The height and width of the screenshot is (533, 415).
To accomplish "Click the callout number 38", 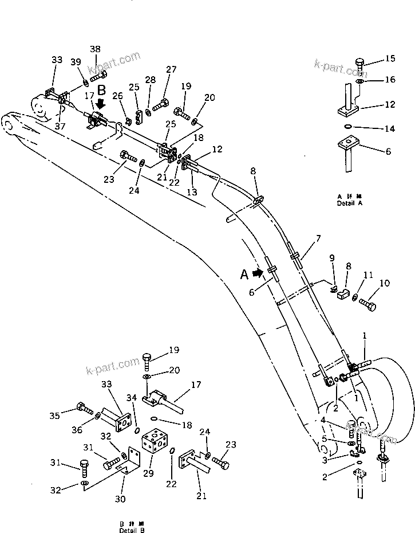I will (x=95, y=49).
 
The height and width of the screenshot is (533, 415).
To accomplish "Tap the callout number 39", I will (x=76, y=62).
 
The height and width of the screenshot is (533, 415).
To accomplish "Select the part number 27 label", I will (x=171, y=69).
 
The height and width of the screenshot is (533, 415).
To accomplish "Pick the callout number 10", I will (x=384, y=283).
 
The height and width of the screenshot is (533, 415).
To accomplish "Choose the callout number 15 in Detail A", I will (x=389, y=58).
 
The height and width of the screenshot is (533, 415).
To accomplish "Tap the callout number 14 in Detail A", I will (x=389, y=129).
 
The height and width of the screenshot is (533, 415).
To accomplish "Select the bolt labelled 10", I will (x=367, y=303).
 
